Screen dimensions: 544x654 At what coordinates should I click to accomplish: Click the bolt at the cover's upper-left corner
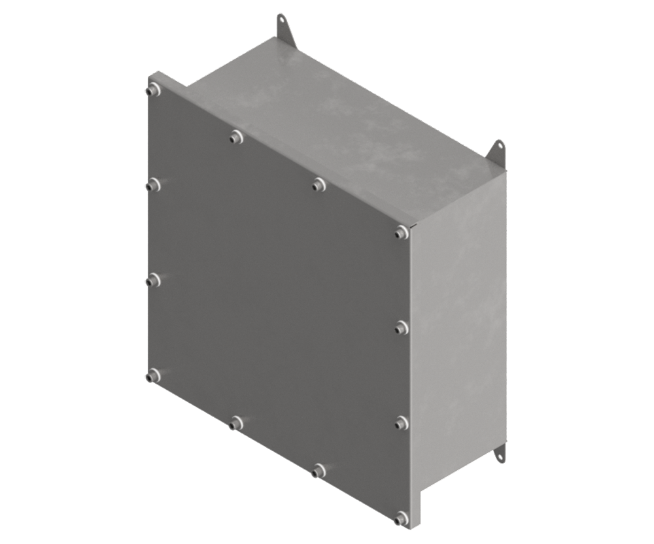coord(153,90)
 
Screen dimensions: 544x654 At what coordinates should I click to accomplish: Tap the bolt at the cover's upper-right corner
coord(402,231)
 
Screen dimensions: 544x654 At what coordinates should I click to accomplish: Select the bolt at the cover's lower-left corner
coord(153,375)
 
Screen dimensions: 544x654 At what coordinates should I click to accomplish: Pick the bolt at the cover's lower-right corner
coord(401,518)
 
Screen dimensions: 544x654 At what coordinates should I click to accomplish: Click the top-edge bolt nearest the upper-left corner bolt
coord(236,137)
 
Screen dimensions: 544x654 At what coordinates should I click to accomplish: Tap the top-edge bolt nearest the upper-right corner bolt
coord(318,184)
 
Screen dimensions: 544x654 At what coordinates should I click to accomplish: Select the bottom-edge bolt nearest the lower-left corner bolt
coord(236,423)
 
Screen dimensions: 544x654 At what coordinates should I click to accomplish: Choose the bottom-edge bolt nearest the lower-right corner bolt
coord(318,470)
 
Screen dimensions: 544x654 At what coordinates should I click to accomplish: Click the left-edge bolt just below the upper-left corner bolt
coord(153,186)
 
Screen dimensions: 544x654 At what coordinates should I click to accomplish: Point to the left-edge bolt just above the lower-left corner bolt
coord(153,280)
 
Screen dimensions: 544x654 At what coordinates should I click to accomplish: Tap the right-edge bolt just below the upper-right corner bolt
coord(402,326)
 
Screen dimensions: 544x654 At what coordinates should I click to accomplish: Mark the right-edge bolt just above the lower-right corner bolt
coord(402,422)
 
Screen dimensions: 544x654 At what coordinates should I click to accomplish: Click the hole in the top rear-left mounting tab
coord(282,20)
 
